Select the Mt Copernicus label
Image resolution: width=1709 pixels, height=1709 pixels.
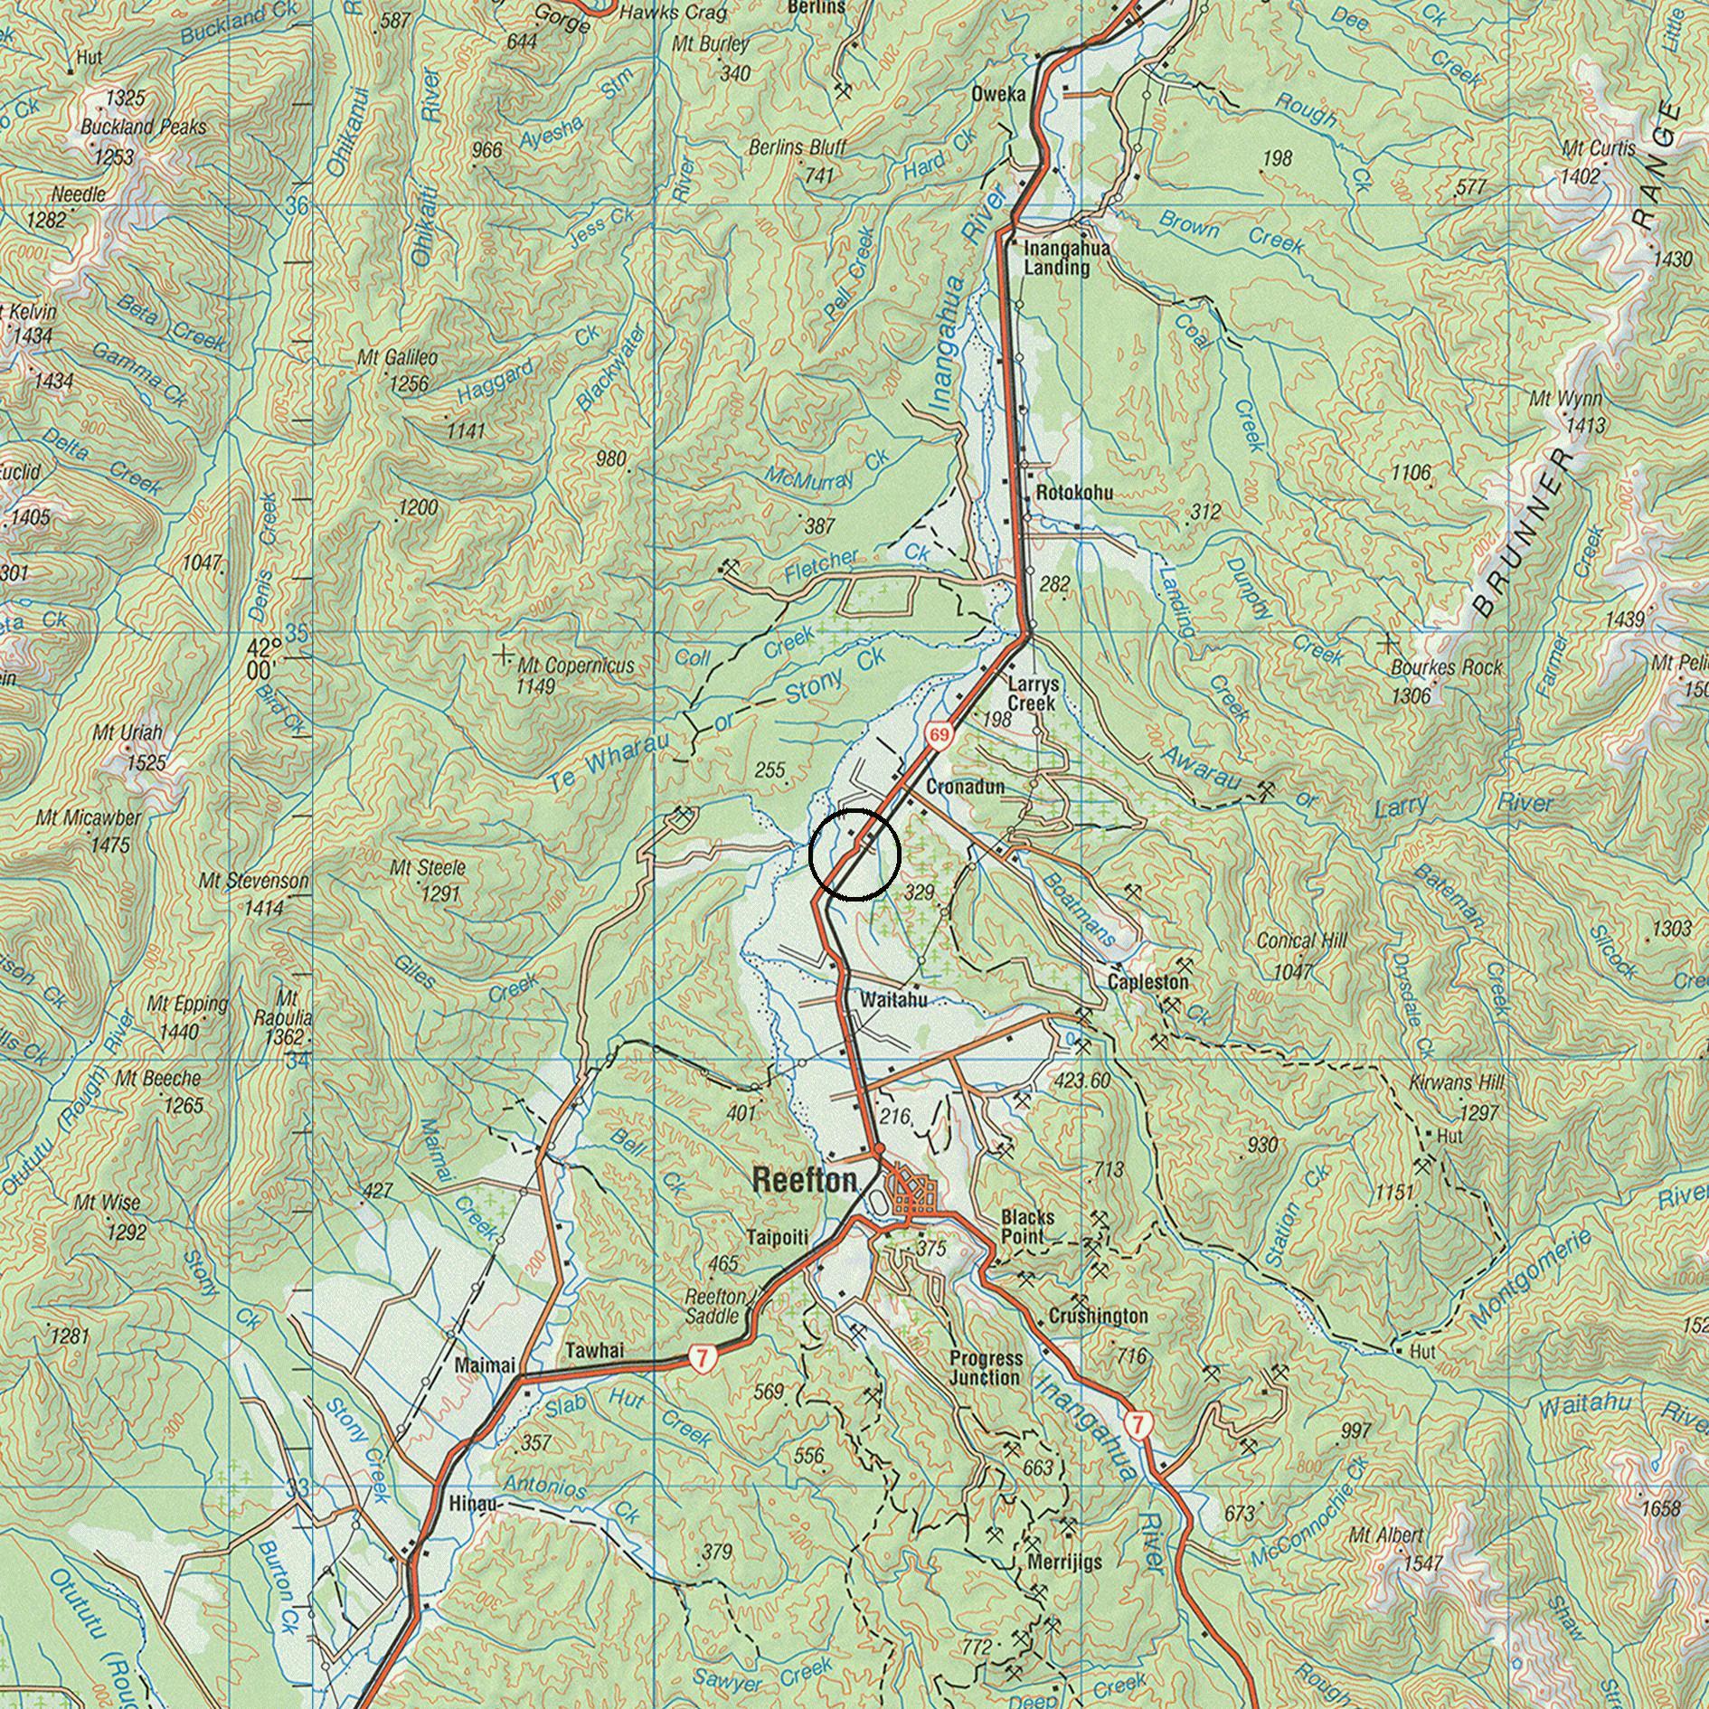pos(575,666)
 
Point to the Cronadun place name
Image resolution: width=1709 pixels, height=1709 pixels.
pos(965,788)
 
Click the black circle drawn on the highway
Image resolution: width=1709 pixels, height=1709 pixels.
pos(854,854)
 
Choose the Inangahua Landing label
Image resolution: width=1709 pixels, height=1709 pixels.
pos(1056,259)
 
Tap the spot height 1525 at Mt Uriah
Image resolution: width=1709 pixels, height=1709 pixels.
pos(146,763)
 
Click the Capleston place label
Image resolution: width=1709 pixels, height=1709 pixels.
pos(1147,982)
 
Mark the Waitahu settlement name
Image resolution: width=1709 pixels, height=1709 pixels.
pos(893,1001)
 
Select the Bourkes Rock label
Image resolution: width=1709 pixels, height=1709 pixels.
pos(1447,668)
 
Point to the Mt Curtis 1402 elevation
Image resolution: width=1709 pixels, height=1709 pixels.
pos(1580,176)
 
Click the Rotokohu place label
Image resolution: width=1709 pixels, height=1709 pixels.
pos(1074,494)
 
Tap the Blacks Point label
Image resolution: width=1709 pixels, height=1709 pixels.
pos(1027,1227)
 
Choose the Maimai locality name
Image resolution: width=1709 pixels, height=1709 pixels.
pos(486,1364)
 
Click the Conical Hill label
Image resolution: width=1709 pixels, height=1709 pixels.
pos(1301,941)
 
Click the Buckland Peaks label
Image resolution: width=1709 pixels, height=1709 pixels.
pos(143,127)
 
